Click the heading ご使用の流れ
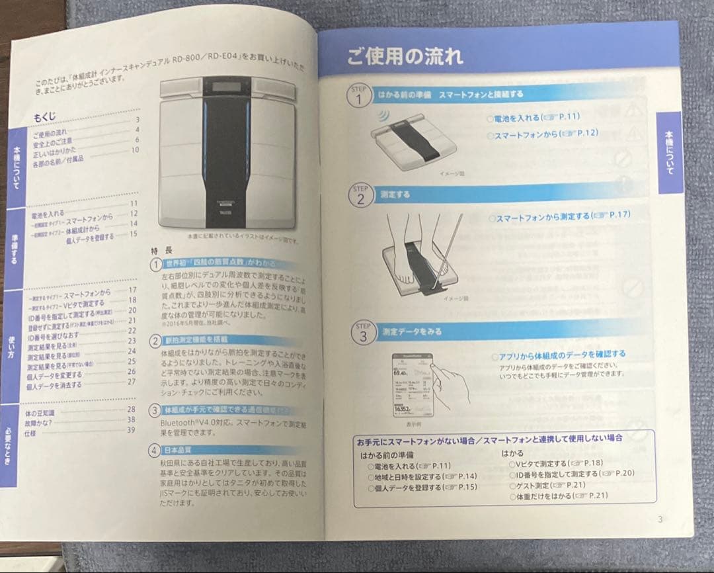click(405, 56)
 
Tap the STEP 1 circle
click(359, 97)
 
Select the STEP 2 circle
click(360, 196)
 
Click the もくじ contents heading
click(45, 117)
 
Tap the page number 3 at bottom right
click(659, 519)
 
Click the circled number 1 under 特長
click(154, 264)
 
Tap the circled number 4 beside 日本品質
click(153, 451)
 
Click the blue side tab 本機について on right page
click(669, 153)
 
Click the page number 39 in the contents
click(131, 430)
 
